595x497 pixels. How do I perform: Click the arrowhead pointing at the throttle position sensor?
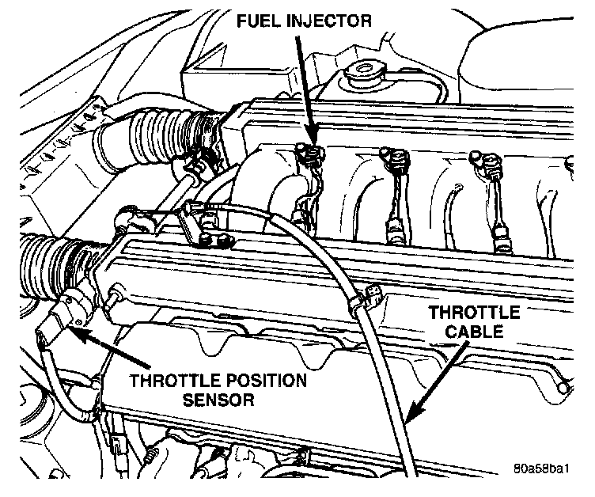pyautogui.click(x=71, y=327)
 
